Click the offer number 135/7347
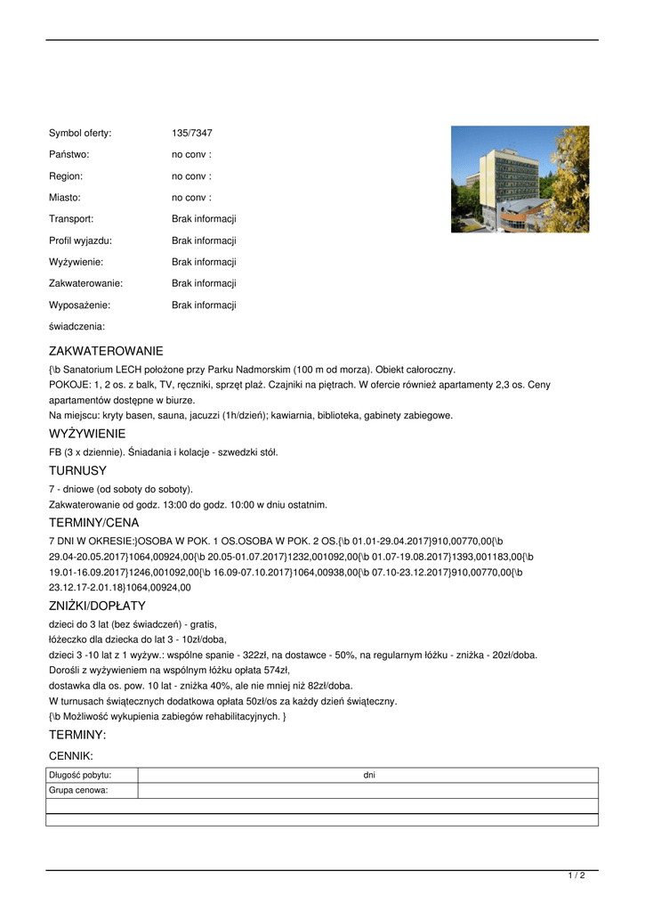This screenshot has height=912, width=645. [192, 134]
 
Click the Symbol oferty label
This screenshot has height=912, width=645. [80, 134]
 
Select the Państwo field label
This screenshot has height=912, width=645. [69, 155]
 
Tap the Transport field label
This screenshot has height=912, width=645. [71, 219]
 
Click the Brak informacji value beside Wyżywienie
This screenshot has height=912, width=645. [204, 262]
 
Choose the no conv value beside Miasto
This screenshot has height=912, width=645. [191, 198]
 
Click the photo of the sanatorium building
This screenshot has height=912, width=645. [520, 179]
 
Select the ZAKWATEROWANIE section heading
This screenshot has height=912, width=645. [106, 352]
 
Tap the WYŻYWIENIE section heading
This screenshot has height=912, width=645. [87, 434]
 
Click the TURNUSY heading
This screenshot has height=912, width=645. [77, 470]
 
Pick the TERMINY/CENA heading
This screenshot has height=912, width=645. [93, 523]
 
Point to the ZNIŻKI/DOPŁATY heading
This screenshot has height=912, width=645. [97, 606]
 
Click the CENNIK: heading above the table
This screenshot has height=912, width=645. [71, 755]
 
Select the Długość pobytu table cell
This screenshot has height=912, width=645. [80, 776]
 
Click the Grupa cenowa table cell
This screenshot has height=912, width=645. [78, 790]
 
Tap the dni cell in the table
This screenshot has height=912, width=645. [369, 776]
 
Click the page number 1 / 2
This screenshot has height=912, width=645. [576, 876]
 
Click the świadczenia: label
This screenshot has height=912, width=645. [77, 327]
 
